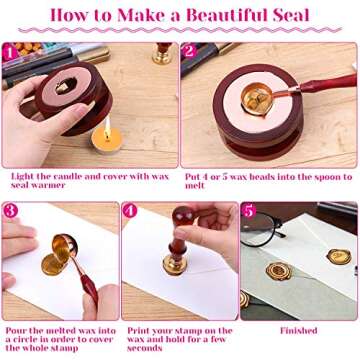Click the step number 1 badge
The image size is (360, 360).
coord(11,50)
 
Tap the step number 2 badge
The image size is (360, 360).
coord(189,50)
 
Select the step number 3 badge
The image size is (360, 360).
coord(11,211)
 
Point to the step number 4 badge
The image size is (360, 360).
coord(130,211)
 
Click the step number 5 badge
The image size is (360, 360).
coord(249,211)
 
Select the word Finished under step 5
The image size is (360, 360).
coord(298,331)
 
